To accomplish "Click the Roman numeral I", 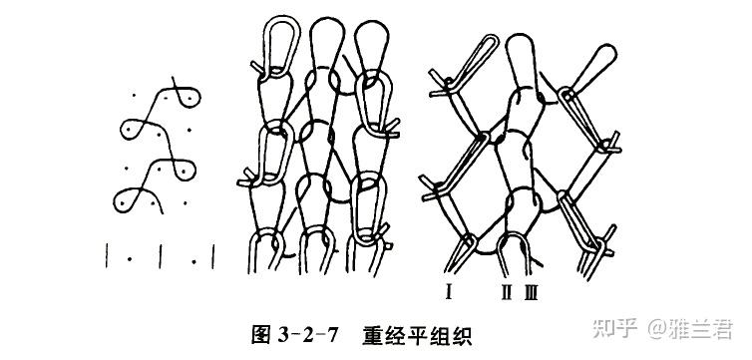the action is pyautogui.click(x=449, y=291).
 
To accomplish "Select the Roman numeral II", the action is pyautogui.click(x=507, y=291).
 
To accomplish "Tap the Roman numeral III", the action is pyautogui.click(x=531, y=291).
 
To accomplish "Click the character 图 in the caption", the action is pyautogui.click(x=262, y=335).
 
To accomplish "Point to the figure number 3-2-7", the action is pyautogui.click(x=308, y=335).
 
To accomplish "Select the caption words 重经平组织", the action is pyautogui.click(x=416, y=335).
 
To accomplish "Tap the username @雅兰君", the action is pyautogui.click(x=690, y=329).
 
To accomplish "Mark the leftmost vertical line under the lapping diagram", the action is pyautogui.click(x=107, y=255).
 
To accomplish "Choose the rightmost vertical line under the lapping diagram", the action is pyautogui.click(x=213, y=256).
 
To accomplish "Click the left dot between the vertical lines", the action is pyautogui.click(x=130, y=260).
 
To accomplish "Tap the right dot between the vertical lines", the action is pyautogui.click(x=193, y=261).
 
